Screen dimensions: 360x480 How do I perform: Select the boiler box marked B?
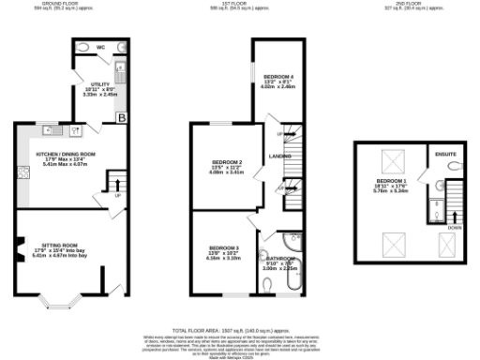121,116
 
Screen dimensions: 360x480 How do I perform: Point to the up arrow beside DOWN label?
456,202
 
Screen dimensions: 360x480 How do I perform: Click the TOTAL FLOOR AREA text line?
240,331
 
